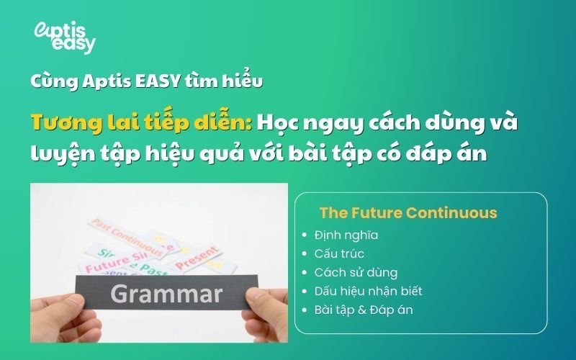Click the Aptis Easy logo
click(x=65, y=37)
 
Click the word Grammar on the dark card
click(x=166, y=294)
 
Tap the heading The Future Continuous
click(x=408, y=213)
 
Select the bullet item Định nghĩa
click(x=346, y=235)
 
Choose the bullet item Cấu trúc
click(x=339, y=253)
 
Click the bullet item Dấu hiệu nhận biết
click(x=368, y=291)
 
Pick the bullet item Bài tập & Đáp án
click(x=364, y=310)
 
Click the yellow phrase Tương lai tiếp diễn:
click(x=141, y=122)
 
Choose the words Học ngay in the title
click(x=295, y=122)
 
